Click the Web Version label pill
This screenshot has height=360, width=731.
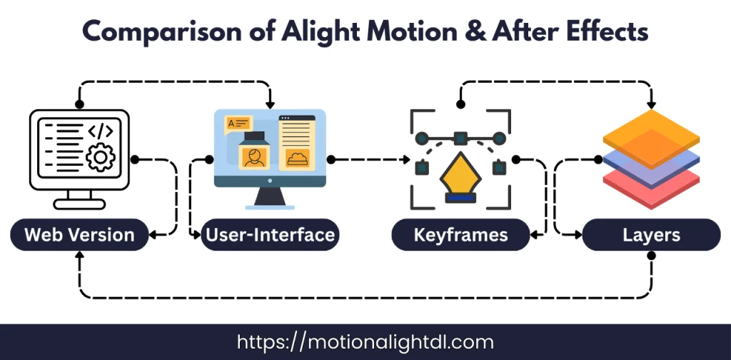tap(79, 234)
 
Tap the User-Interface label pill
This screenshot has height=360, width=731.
tap(269, 234)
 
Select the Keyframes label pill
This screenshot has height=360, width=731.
tap(460, 234)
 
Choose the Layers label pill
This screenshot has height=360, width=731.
tap(651, 234)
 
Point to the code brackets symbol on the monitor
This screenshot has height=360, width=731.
tap(100, 131)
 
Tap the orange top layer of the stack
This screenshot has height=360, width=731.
tap(651, 135)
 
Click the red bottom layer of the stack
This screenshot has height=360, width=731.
tap(651, 184)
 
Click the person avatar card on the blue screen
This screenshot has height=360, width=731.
tap(251, 157)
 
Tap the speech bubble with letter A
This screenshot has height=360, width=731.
tap(237, 123)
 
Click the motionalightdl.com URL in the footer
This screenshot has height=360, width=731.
tap(365, 342)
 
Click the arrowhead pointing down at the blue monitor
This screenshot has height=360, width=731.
tap(269, 103)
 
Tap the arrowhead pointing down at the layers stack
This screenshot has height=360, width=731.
tap(651, 103)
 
